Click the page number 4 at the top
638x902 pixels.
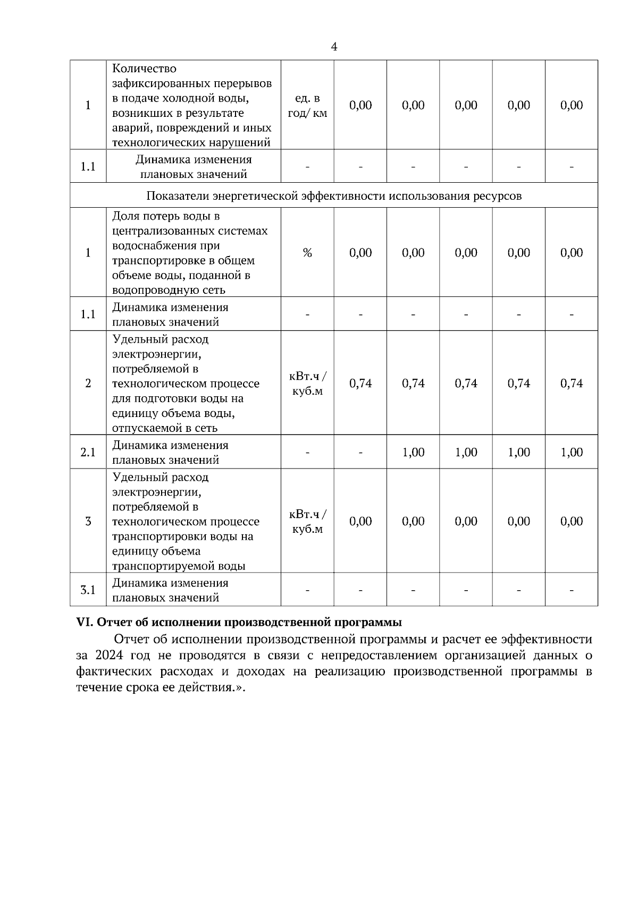(x=333, y=47)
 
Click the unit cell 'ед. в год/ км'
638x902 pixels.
(x=307, y=106)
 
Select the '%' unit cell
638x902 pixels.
(x=307, y=253)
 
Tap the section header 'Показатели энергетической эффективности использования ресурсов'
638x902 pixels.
(x=334, y=196)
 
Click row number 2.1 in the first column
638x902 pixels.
(x=88, y=453)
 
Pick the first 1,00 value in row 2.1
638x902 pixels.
(x=413, y=453)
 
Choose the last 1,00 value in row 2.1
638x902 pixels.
(x=572, y=453)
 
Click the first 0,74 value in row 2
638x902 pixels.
(x=360, y=384)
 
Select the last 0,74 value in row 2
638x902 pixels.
(x=572, y=384)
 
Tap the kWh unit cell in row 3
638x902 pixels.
(x=307, y=522)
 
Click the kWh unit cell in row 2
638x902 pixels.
(x=307, y=384)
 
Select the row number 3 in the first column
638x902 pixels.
(x=88, y=522)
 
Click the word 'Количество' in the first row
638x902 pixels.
(x=145, y=69)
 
